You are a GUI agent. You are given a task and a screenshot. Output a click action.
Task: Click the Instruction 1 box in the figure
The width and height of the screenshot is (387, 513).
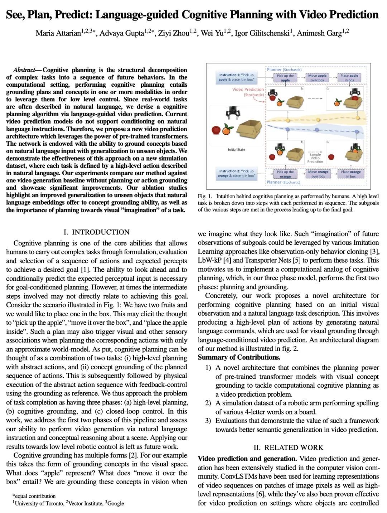tap(236, 77)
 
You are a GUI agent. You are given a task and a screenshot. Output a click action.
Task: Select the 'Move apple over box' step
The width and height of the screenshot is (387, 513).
tap(317, 78)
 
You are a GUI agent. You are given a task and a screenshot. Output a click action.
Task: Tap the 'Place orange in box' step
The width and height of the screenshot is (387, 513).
tap(350, 174)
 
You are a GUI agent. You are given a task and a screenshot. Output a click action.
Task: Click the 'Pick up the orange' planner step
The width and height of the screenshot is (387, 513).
tap(285, 174)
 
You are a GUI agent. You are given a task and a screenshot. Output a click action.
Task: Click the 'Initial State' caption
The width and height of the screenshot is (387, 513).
tap(236, 149)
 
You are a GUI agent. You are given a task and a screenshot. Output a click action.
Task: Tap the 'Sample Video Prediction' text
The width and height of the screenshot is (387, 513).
tap(315, 158)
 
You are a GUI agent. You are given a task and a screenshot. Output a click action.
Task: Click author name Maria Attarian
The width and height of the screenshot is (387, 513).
tap(58, 33)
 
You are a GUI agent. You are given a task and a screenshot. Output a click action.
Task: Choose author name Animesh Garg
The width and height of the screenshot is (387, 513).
tap(319, 33)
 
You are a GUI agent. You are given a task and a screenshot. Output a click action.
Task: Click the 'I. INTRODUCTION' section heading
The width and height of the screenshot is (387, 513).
tap(96, 232)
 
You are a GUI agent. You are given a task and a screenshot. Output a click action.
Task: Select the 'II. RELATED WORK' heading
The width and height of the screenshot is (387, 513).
tap(288, 447)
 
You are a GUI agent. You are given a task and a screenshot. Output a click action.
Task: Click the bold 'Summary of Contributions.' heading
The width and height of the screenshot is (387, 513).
tap(239, 357)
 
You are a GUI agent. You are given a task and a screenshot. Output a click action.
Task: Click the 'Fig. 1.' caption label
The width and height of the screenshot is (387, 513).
tap(205, 196)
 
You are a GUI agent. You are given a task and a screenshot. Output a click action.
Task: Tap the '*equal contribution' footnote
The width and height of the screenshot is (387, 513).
tap(34, 496)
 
